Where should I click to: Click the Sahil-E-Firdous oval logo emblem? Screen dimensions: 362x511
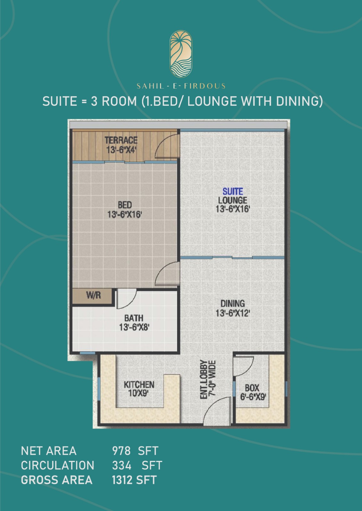(x=181, y=54)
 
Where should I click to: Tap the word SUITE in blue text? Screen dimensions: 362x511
(x=233, y=191)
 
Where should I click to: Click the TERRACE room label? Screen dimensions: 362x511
(x=121, y=140)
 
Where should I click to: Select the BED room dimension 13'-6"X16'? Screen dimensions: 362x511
(x=125, y=214)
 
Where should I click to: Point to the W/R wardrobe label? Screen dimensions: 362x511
(x=93, y=295)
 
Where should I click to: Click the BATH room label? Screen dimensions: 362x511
(x=134, y=318)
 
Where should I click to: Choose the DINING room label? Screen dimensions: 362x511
(x=233, y=303)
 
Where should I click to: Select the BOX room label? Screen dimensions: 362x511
(x=252, y=388)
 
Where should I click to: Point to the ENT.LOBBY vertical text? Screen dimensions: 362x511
(x=204, y=379)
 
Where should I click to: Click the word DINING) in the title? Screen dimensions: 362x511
(x=300, y=101)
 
